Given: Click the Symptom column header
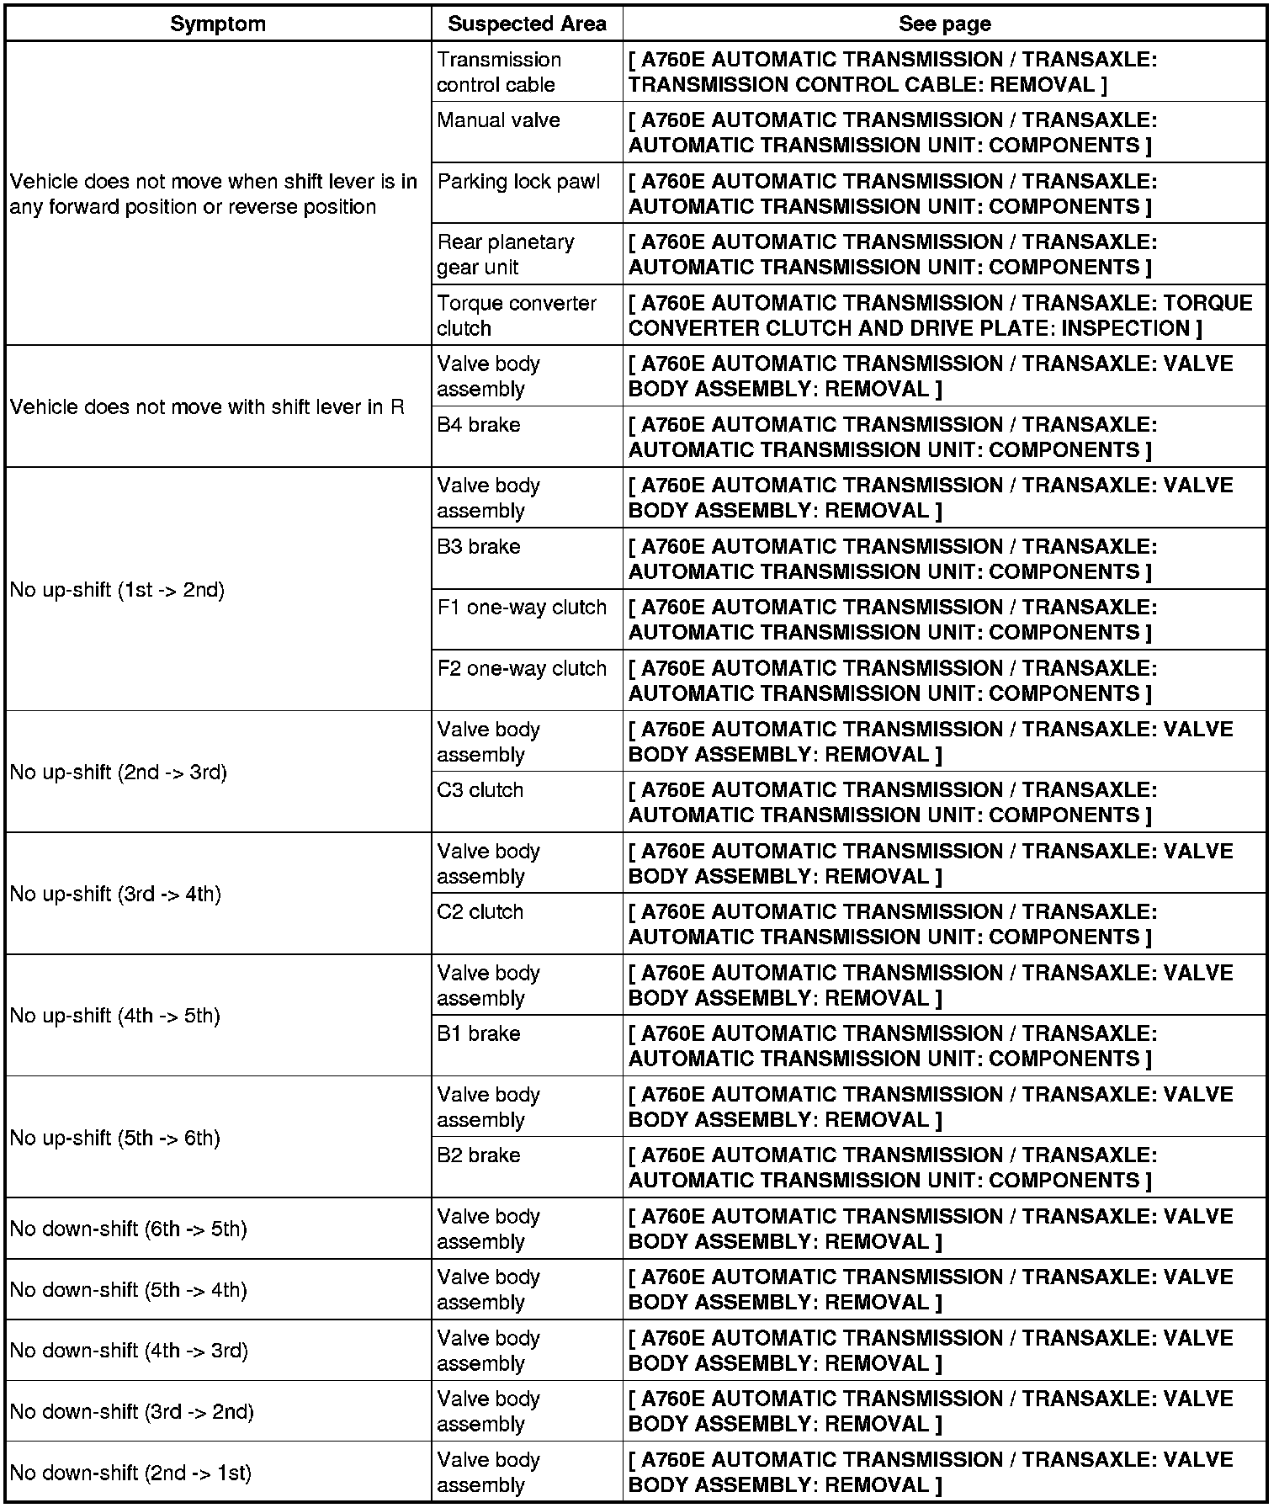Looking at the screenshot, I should [218, 24].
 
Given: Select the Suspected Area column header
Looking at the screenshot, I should [527, 24].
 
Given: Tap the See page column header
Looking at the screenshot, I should [944, 24].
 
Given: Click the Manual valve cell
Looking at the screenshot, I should [499, 120].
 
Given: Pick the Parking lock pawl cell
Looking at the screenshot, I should [518, 182].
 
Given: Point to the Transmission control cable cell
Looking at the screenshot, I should [499, 72].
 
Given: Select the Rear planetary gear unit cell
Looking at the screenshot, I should [506, 254].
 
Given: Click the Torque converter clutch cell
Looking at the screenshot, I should [517, 316].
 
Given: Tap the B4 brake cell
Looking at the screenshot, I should [479, 425].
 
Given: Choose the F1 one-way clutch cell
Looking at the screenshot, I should [522, 608].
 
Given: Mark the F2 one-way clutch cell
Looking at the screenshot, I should [522, 668].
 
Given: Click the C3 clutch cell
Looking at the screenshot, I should [480, 790].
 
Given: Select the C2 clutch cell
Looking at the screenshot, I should [480, 912].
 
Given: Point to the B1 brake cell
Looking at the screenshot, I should [479, 1033].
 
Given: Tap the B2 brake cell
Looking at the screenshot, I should [479, 1155].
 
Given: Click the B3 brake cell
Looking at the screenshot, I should [479, 547].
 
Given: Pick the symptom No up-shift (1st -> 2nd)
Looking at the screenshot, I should [118, 590].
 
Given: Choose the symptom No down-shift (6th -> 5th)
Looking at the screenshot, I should [129, 1229].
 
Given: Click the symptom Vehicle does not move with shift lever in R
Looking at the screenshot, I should [207, 407].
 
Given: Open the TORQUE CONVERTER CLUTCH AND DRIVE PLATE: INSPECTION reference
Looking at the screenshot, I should [940, 316].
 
